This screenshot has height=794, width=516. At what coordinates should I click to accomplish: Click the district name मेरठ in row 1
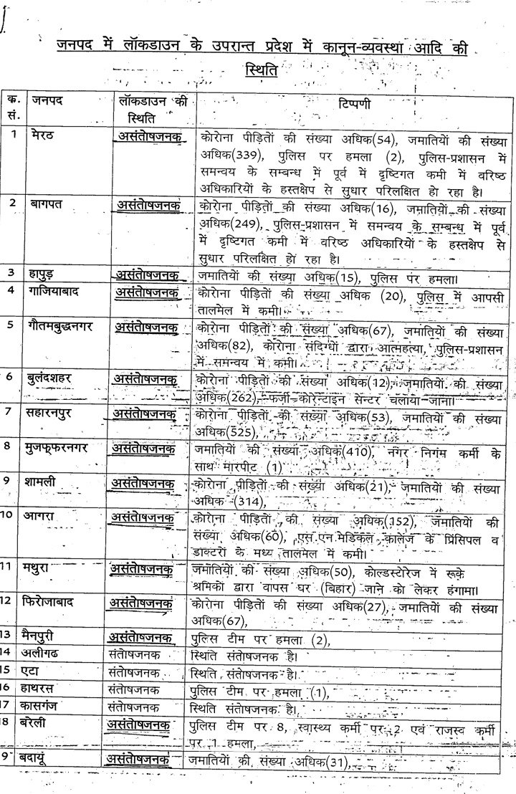[x=44, y=135]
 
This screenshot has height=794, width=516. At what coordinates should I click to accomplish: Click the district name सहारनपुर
[x=57, y=413]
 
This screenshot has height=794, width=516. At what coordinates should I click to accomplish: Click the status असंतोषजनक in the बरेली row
[x=140, y=724]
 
